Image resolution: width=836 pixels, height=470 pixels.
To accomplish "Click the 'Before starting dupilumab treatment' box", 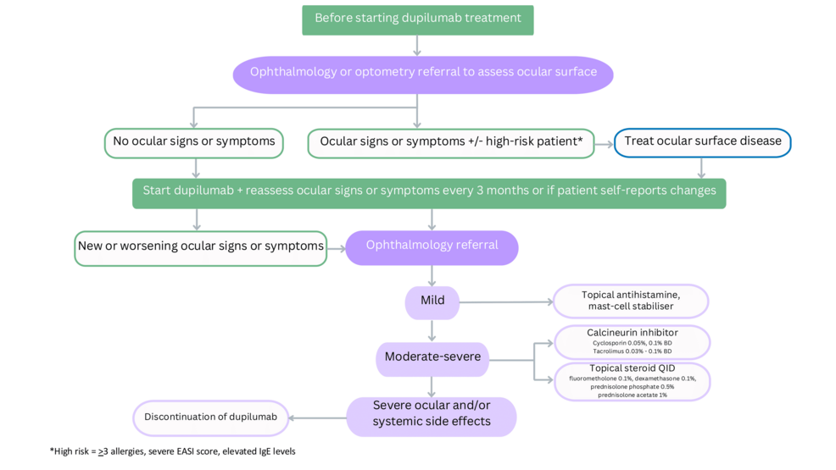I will pyautogui.click(x=417, y=19).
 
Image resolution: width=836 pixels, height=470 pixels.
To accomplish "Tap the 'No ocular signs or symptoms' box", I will pyautogui.click(x=194, y=142).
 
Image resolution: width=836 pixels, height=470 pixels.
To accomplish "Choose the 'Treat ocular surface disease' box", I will pyautogui.click(x=702, y=142).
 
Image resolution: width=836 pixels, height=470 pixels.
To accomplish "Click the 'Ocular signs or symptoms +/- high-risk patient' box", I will pyautogui.click(x=450, y=142).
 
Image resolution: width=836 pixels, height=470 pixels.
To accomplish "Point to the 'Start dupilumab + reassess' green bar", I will pyautogui.click(x=429, y=192).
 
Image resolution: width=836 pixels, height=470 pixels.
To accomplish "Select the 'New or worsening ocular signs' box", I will pyautogui.click(x=200, y=247).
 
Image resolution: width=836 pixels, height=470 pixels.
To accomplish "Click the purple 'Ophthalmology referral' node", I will pyautogui.click(x=432, y=246).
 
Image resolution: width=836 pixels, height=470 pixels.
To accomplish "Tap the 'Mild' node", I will pyautogui.click(x=432, y=301).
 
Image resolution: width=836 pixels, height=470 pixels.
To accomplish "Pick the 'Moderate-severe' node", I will pyautogui.click(x=432, y=357).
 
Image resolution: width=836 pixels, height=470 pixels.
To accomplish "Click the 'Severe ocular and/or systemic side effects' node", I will pyautogui.click(x=431, y=415).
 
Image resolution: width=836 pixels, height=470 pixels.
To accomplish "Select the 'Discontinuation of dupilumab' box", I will pyautogui.click(x=210, y=417).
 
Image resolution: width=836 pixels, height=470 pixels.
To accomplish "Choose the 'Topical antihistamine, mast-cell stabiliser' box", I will pyautogui.click(x=631, y=301).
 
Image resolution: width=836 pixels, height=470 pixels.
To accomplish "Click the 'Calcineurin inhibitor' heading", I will pyautogui.click(x=632, y=333).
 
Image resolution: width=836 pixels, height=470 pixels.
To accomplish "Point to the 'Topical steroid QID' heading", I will pyautogui.click(x=632, y=368).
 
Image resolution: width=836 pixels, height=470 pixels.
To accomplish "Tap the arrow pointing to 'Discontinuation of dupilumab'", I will pyautogui.click(x=318, y=417).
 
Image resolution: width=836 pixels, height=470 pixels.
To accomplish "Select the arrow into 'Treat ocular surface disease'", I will pyautogui.click(x=603, y=143).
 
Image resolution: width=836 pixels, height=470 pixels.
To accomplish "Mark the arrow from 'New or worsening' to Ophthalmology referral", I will pyautogui.click(x=336, y=248).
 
